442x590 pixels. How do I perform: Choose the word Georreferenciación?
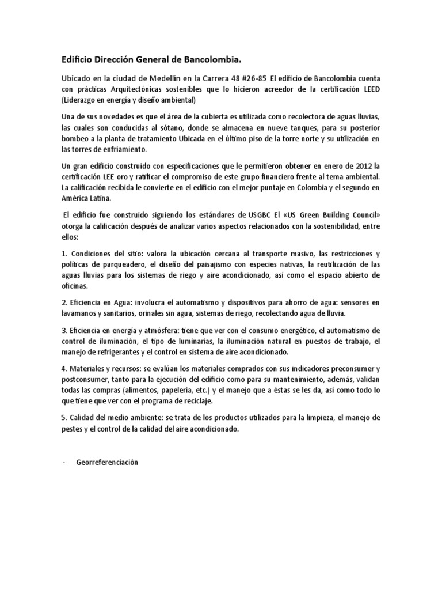[108, 463]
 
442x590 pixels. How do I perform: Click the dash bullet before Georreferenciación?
[63, 463]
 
